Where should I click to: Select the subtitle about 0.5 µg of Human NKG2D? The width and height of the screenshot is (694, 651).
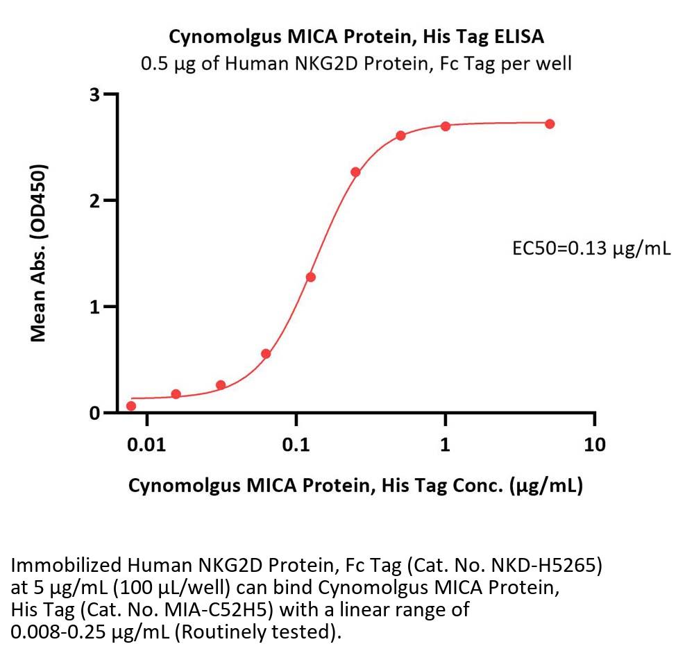click(x=356, y=63)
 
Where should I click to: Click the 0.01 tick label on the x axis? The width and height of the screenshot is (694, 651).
click(x=146, y=444)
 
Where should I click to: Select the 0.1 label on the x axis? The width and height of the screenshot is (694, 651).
click(x=296, y=444)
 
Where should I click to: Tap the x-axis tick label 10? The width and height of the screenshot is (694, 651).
click(x=594, y=444)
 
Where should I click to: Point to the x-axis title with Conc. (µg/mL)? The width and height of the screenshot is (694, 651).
click(x=355, y=486)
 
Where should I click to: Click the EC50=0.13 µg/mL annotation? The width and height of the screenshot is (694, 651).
click(x=591, y=248)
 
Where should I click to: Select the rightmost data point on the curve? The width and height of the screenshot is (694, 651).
click(x=550, y=124)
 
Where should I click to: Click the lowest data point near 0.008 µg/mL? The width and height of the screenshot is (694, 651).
click(x=131, y=406)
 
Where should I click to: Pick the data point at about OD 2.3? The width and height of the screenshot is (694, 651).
click(x=355, y=172)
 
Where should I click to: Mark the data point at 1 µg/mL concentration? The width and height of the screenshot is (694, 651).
click(x=446, y=126)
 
